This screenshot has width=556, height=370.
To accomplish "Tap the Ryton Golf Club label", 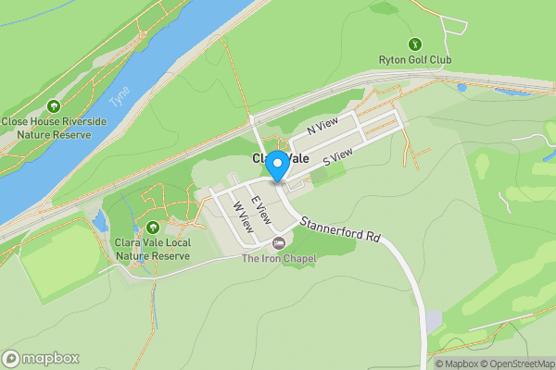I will coord(415,61).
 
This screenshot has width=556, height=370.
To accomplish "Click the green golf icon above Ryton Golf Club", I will coord(415,43).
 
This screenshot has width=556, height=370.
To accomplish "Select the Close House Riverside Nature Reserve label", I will coord(53,128).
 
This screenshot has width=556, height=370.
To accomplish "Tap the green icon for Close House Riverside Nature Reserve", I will coord(53,106).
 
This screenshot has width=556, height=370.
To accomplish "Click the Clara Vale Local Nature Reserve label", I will coord(152,249).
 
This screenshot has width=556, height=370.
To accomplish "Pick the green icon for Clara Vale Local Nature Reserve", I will coord(152,228).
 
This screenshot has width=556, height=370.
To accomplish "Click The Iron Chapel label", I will coord(279,259).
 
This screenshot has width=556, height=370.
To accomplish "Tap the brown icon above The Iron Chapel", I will coord(279,243).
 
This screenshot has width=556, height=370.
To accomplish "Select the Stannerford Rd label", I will coord(347,228).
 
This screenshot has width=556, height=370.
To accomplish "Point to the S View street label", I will coord(338,160).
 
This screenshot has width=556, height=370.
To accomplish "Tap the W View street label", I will coord(243,217).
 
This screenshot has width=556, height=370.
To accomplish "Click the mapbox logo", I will coord(42,358).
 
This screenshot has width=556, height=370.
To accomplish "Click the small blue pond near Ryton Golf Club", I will coord(462,88).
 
